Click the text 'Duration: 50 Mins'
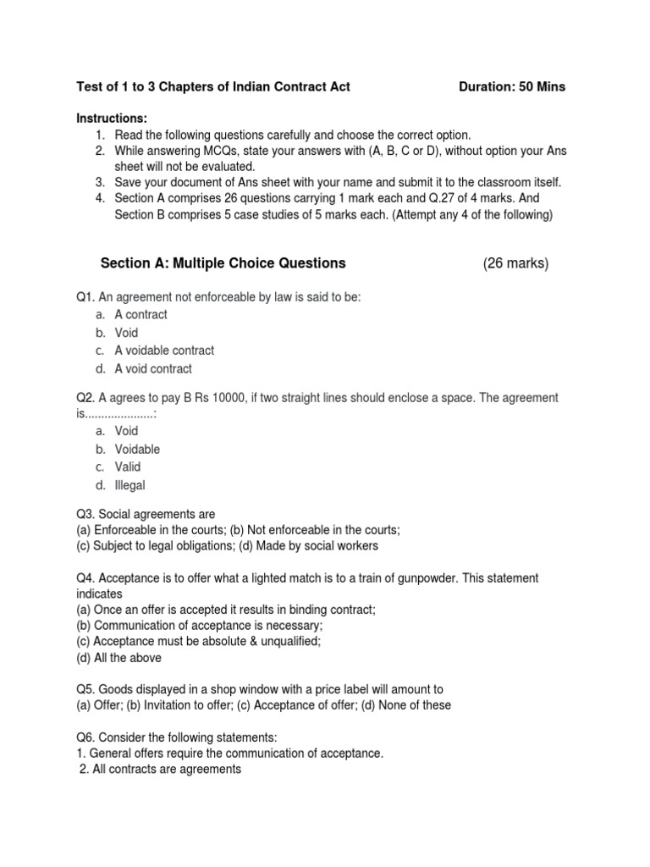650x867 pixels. pos(511,86)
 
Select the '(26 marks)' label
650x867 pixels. pos(515,263)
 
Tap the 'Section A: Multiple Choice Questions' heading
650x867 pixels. pos(223,263)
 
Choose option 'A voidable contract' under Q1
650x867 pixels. pos(164,351)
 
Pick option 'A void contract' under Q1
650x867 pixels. pos(153,368)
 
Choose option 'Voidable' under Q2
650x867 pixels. pos(137,449)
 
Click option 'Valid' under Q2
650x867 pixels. pos(128,467)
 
